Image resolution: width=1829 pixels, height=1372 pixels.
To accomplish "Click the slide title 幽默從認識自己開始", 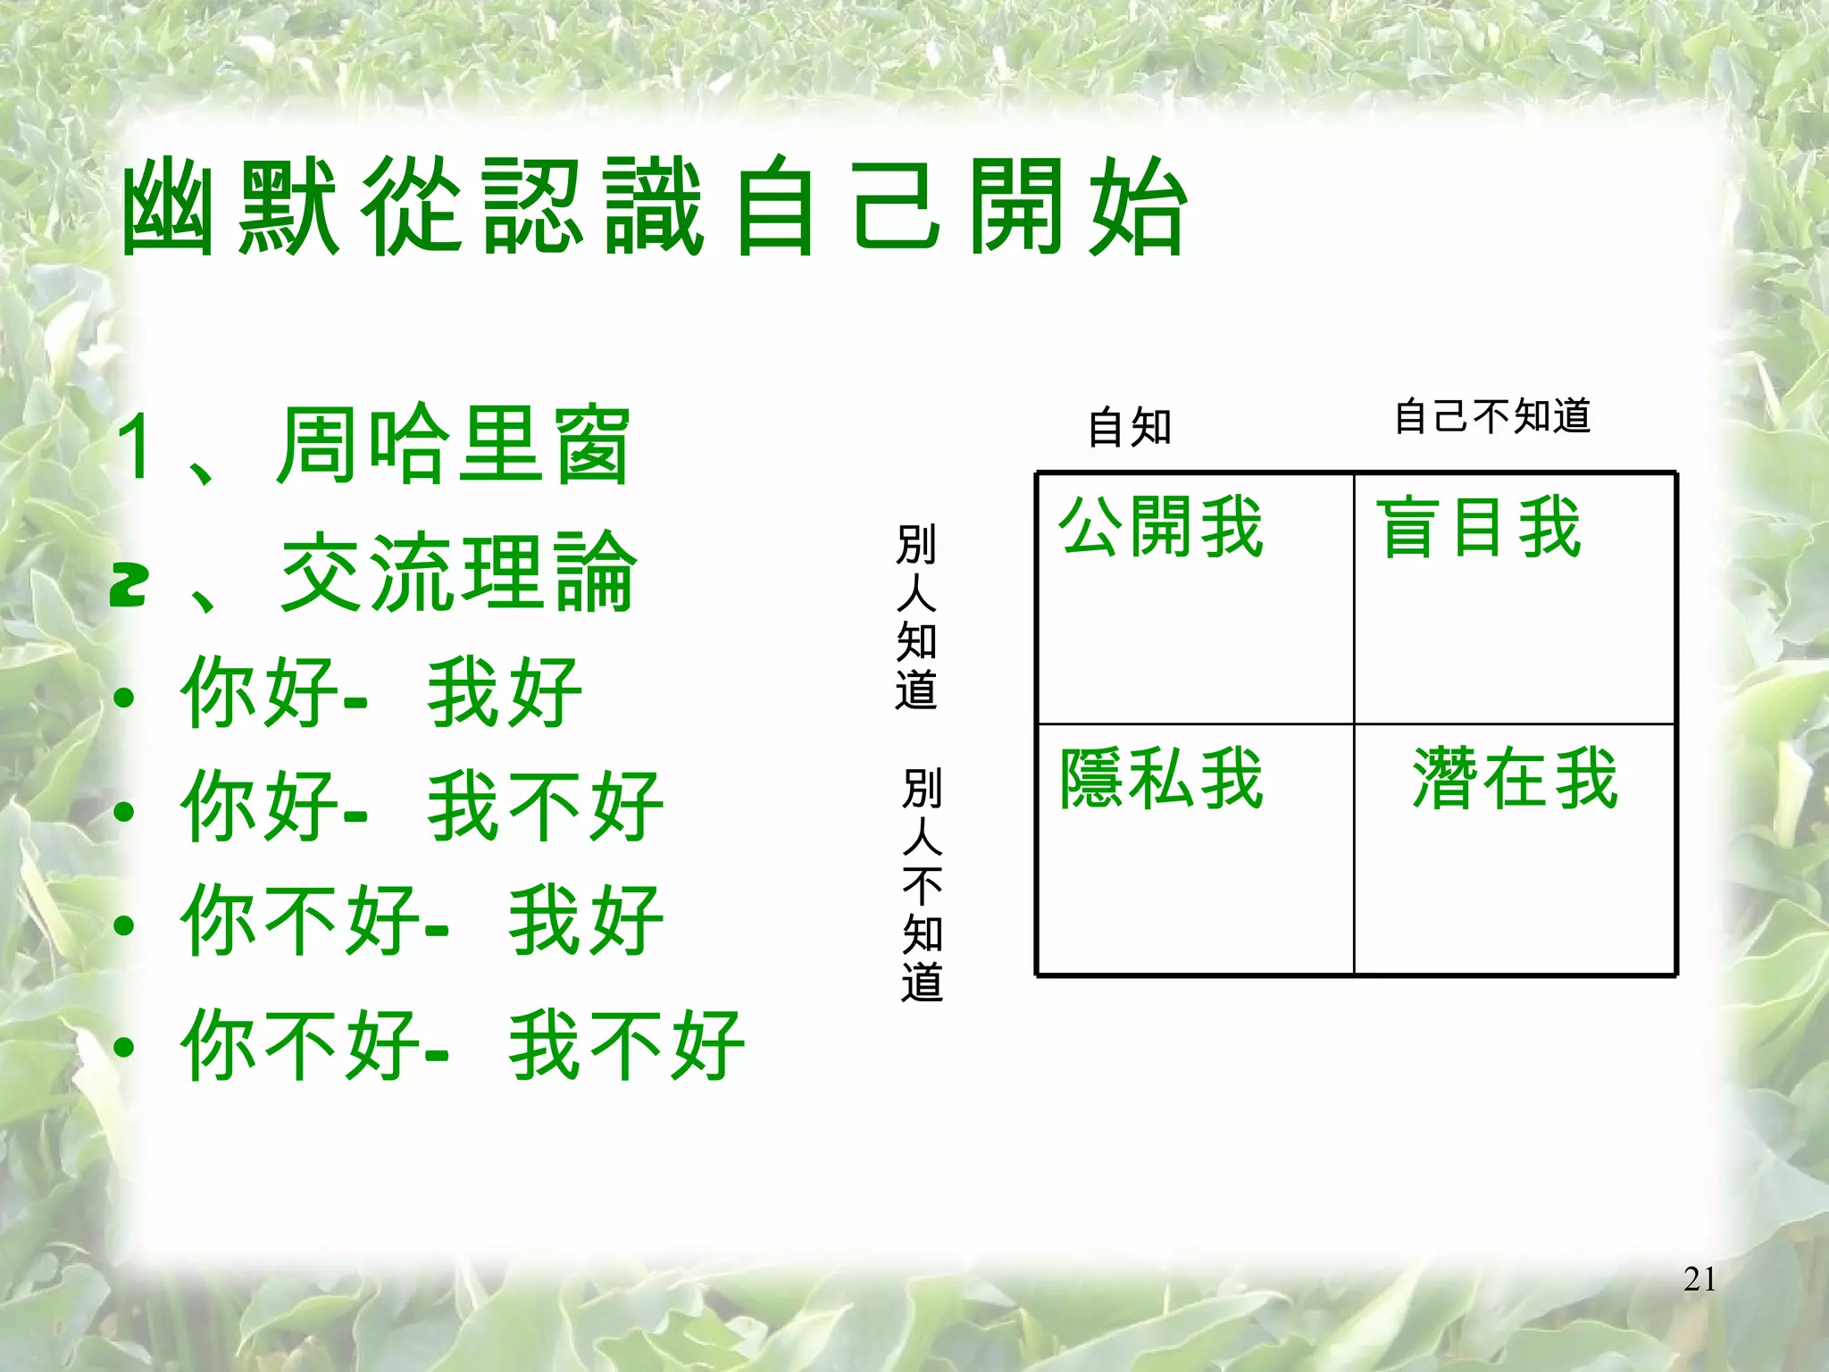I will click(654, 206).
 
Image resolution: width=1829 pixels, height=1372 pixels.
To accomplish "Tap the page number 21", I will click(1700, 1280).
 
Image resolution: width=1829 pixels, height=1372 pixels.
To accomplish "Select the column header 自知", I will click(1129, 427).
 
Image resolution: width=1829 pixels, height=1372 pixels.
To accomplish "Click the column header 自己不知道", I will click(1493, 416).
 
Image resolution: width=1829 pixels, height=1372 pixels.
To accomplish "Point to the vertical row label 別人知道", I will click(916, 617).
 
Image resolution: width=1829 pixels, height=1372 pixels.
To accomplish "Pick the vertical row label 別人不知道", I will click(922, 884).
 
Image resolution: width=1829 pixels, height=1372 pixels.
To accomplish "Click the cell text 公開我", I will click(1161, 527).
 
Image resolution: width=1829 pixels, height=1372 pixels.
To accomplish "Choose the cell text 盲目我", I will click(1479, 527).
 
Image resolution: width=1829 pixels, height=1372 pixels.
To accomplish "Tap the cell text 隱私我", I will click(1161, 779).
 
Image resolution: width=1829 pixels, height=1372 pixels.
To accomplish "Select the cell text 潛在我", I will click(1516, 779).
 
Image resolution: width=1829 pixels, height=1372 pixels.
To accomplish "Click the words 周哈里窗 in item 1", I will click(453, 445).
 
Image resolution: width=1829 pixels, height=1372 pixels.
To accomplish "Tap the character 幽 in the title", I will click(168, 208).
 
